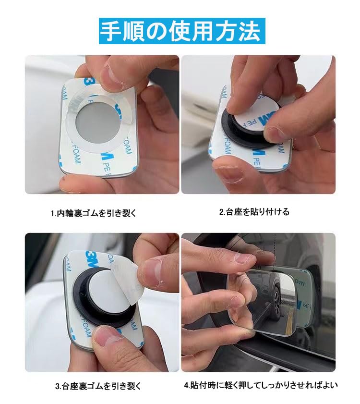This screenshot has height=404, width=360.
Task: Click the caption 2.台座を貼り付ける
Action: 254,212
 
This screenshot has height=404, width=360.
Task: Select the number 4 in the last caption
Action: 186,385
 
